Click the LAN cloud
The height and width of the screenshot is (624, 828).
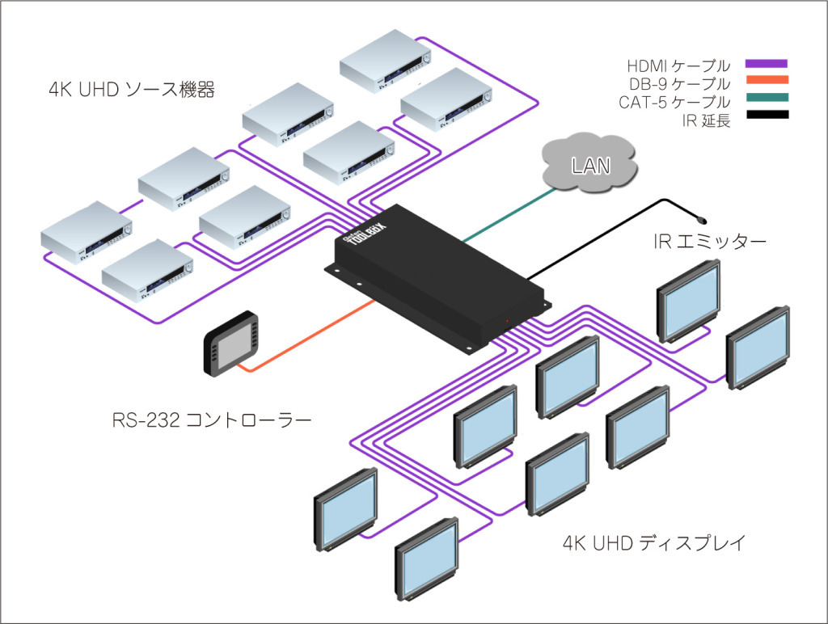tap(589, 163)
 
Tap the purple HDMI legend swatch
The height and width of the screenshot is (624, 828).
tap(767, 63)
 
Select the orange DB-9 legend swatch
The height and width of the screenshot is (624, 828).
tap(767, 80)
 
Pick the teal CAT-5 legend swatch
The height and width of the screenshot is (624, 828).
tap(767, 97)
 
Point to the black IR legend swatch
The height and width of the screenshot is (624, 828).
tap(767, 114)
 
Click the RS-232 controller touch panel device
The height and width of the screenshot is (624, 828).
tap(232, 343)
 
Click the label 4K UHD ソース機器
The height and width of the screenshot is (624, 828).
tap(132, 90)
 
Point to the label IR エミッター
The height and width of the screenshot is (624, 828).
tap(710, 242)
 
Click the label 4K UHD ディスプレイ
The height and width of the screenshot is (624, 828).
tap(653, 542)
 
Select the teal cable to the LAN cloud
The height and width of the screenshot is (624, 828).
tap(509, 215)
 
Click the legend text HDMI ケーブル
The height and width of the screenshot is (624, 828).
tap(678, 66)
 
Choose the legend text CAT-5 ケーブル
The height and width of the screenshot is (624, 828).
tap(675, 102)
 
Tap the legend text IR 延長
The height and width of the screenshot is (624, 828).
tap(706, 120)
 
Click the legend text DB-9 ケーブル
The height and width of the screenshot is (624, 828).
tap(679, 84)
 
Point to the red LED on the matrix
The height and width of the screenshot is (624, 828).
tap(508, 321)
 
